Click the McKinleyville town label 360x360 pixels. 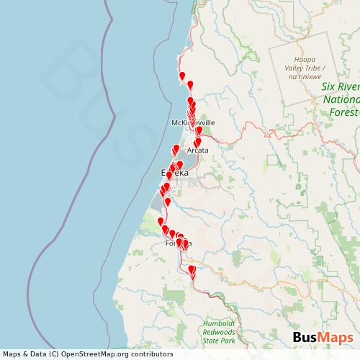(x=193, y=123)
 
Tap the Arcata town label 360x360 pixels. (x=197, y=150)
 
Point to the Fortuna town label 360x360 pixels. (x=179, y=243)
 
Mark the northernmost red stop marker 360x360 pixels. (x=182, y=77)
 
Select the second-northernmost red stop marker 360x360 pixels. (x=190, y=86)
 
